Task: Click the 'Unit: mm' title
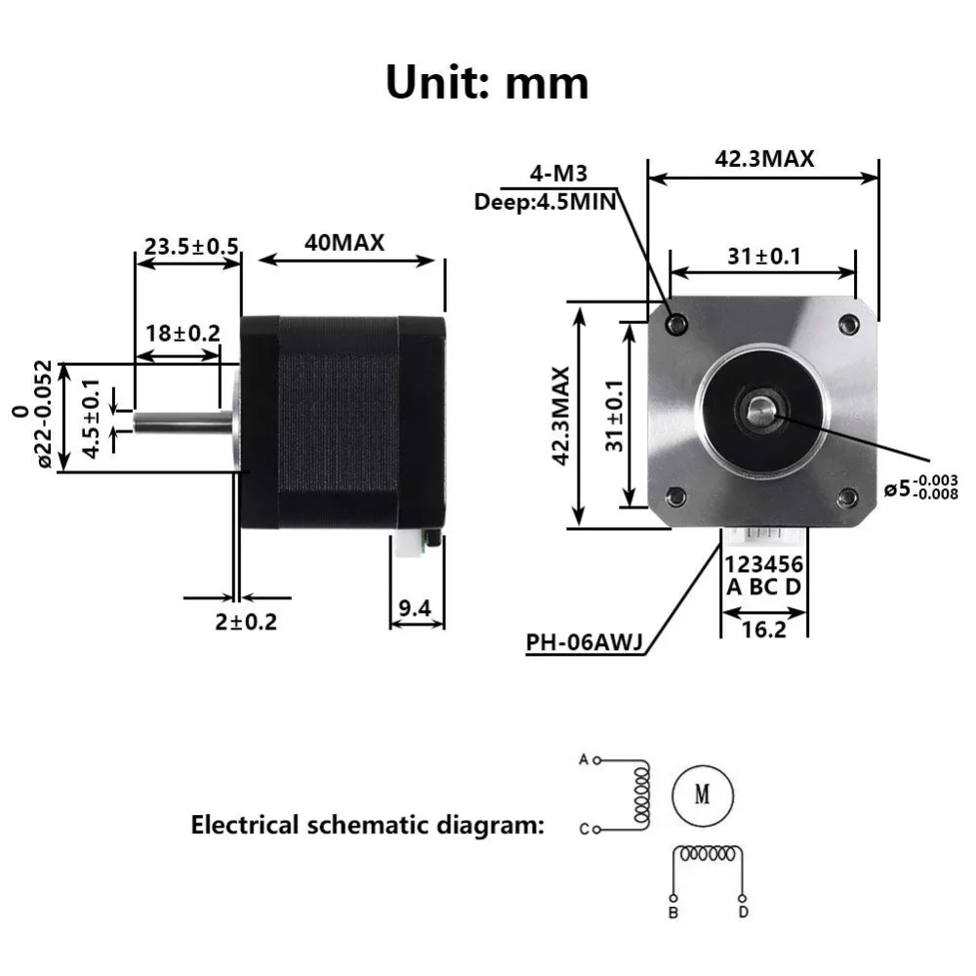coord(487,82)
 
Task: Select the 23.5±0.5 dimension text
coord(191,247)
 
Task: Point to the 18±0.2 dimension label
coord(183,333)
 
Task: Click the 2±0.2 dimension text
coord(246,621)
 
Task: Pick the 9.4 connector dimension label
coord(415,609)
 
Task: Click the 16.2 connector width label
coord(763,630)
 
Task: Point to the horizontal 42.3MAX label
coord(765,159)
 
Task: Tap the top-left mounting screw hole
coord(675,323)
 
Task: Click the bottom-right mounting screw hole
coord(847,498)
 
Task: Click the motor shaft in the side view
coord(183,421)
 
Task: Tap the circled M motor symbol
coord(702,793)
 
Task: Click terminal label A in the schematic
coord(584,758)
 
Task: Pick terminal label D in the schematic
coord(744,913)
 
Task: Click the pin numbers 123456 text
coord(763,564)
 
